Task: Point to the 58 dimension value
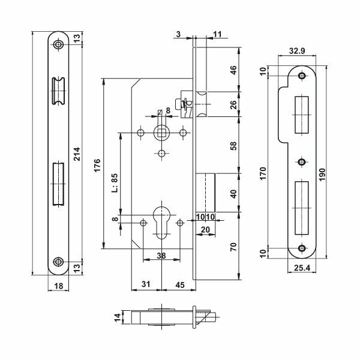[x=233, y=145]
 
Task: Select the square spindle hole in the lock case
[x=161, y=133]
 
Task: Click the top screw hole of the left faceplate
[x=58, y=45]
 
